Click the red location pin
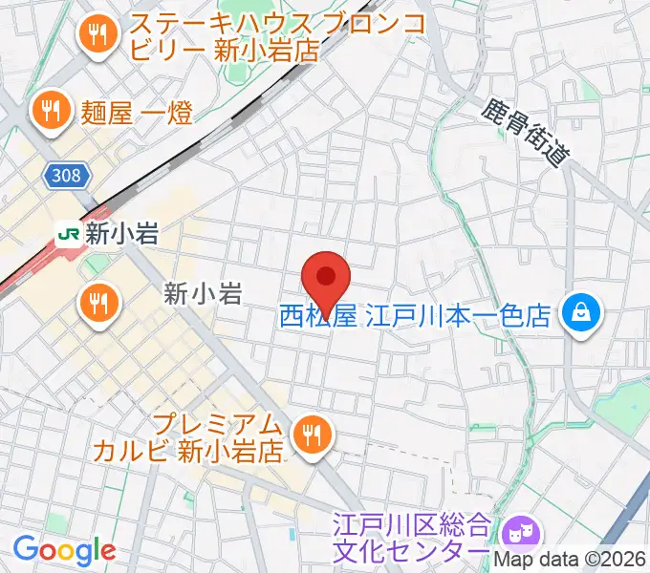326,277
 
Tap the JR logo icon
67,234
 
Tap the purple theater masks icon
521,528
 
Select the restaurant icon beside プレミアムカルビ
311,435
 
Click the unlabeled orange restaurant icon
98,305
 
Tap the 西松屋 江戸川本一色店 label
415,315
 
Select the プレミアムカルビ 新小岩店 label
187,436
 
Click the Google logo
63,550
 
